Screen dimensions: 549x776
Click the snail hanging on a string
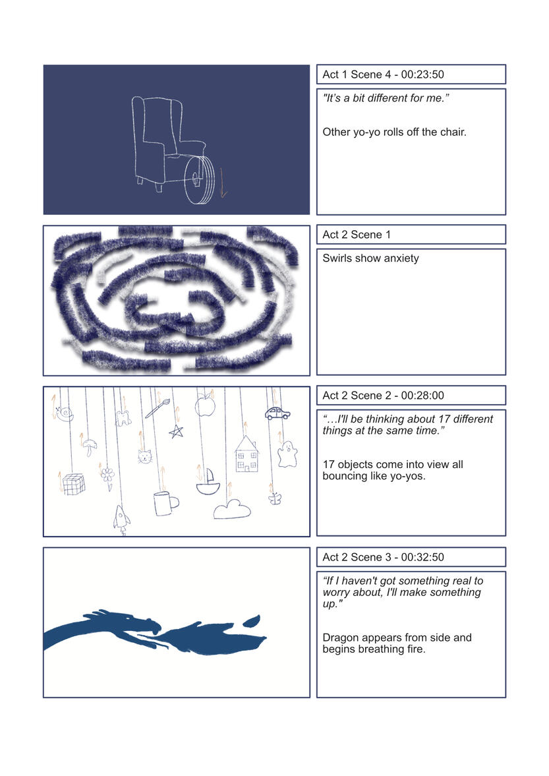65,414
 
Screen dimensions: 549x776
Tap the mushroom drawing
90,448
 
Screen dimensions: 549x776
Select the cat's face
144,456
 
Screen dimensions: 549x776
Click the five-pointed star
176,432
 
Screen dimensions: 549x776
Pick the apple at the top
205,406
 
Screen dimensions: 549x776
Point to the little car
277,413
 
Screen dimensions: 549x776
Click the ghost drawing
287,454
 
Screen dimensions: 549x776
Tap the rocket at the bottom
122,519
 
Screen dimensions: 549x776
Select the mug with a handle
165,503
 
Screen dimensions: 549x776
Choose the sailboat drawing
208,482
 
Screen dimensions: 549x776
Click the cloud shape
232,510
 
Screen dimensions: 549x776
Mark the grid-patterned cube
74,484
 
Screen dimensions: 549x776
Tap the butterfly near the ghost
275,498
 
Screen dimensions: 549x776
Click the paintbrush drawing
158,408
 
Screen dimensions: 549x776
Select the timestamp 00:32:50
422,556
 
